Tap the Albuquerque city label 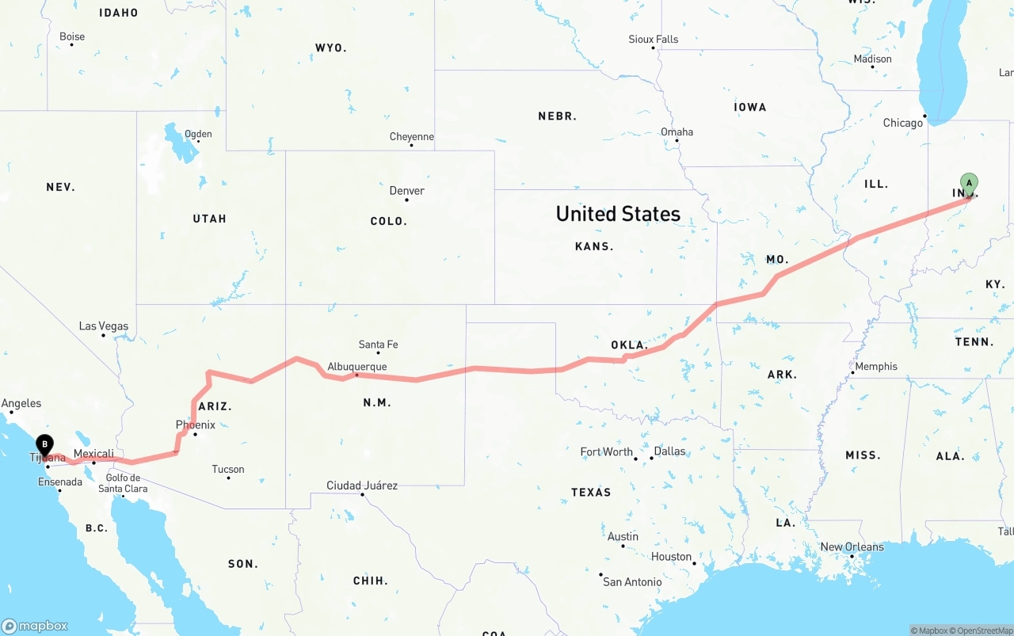(357, 367)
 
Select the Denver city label (406, 191)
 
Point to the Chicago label (902, 123)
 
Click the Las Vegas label (103, 326)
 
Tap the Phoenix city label (195, 425)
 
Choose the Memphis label (876, 367)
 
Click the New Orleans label (852, 547)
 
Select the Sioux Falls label (654, 39)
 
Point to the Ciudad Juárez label (362, 486)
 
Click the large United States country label (618, 214)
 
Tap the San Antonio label (632, 582)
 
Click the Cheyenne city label (411, 137)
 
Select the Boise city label (72, 36)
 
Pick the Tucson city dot (229, 478)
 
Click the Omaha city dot (677, 141)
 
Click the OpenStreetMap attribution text (980, 630)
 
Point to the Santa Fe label (378, 345)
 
